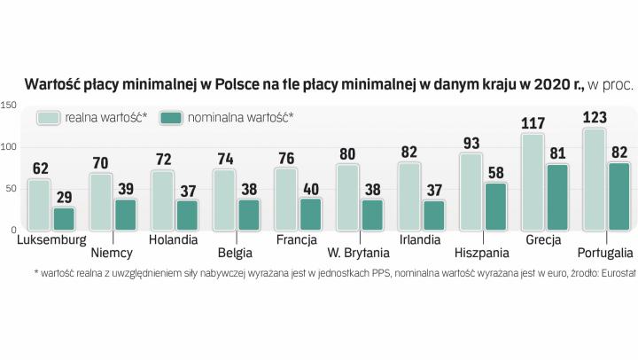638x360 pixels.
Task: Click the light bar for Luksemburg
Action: coord(40,205)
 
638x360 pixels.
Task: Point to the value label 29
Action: coord(65,196)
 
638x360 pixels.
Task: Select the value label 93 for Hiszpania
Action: coord(471,142)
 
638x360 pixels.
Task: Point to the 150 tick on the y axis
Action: coord(9,106)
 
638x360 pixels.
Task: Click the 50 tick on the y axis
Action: coord(12,189)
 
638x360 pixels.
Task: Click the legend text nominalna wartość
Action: coord(242,118)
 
